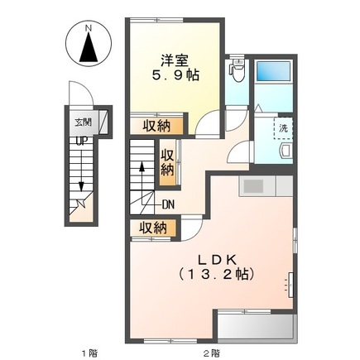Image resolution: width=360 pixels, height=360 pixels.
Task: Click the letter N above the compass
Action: click(x=88, y=28)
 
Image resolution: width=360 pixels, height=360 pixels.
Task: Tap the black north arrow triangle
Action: click(x=89, y=47)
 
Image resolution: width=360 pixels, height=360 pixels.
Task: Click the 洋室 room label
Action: click(x=175, y=60)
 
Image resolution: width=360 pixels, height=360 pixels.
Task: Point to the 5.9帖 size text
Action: click(x=175, y=74)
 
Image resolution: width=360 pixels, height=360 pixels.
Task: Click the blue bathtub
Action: click(x=273, y=71)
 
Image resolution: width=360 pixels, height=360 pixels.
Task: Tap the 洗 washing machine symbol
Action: click(x=283, y=128)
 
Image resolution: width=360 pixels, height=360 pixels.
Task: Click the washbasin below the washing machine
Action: click(x=286, y=151)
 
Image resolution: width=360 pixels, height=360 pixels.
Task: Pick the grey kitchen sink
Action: click(x=252, y=186)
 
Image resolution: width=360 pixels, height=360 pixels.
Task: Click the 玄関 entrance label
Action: click(x=84, y=122)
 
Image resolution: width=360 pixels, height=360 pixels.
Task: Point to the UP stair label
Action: click(x=82, y=142)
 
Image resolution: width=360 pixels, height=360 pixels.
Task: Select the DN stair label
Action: click(x=168, y=204)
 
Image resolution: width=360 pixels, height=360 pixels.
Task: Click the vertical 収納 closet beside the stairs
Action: click(x=168, y=162)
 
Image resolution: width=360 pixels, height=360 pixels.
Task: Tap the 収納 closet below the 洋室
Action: click(x=156, y=126)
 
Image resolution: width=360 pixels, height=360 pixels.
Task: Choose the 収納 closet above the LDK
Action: click(x=152, y=228)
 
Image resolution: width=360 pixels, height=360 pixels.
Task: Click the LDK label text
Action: click(x=217, y=260)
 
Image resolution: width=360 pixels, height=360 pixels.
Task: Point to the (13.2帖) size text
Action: click(x=216, y=274)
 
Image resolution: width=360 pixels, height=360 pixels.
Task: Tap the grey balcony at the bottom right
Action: click(x=256, y=326)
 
